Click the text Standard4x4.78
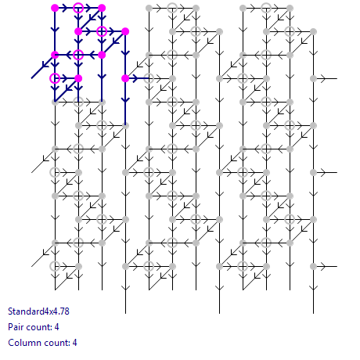[38, 311]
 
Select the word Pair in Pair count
[14, 327]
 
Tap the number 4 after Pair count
[56, 327]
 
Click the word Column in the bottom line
[22, 343]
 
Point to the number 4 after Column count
[74, 343]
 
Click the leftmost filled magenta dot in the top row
[55, 8]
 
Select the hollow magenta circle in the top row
[78, 8]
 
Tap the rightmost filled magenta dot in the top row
[102, 8]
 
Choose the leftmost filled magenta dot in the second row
[78, 31]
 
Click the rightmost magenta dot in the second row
[125, 31]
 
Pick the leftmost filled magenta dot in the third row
[55, 55]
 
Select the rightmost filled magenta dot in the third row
[102, 55]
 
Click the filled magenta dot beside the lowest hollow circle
[78, 78]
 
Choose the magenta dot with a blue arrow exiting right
[125, 78]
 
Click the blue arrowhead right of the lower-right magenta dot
[135, 78]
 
